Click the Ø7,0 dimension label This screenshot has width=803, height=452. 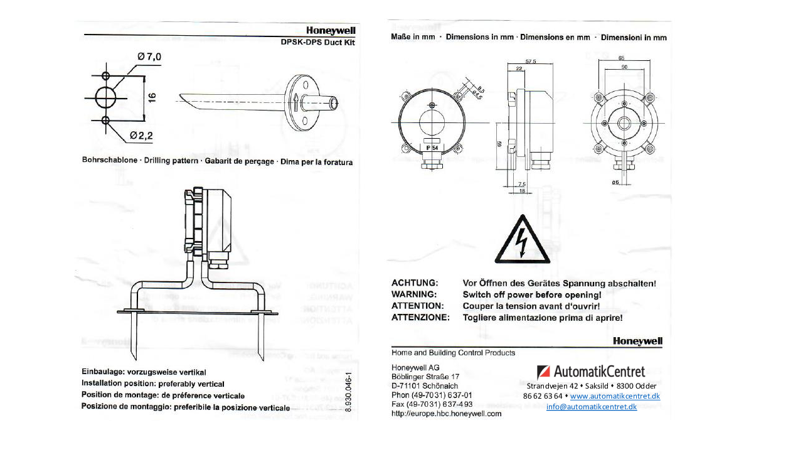[x=149, y=56]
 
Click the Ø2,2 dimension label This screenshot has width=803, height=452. [x=142, y=135]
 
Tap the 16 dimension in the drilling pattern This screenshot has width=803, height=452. [x=152, y=97]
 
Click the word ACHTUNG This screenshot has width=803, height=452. [x=415, y=283]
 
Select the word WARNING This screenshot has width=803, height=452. [x=413, y=294]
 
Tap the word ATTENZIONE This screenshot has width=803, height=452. [x=420, y=318]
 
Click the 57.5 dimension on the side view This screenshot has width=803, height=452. [x=530, y=62]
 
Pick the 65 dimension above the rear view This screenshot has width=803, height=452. [x=621, y=58]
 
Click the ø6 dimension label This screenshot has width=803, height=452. [x=615, y=182]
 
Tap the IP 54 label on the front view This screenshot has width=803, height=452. [x=432, y=148]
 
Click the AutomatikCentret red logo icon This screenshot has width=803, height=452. [x=543, y=372]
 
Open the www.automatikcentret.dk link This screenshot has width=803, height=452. [x=615, y=396]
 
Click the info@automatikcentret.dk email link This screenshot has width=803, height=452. [x=591, y=407]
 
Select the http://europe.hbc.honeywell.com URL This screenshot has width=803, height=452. [x=446, y=414]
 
